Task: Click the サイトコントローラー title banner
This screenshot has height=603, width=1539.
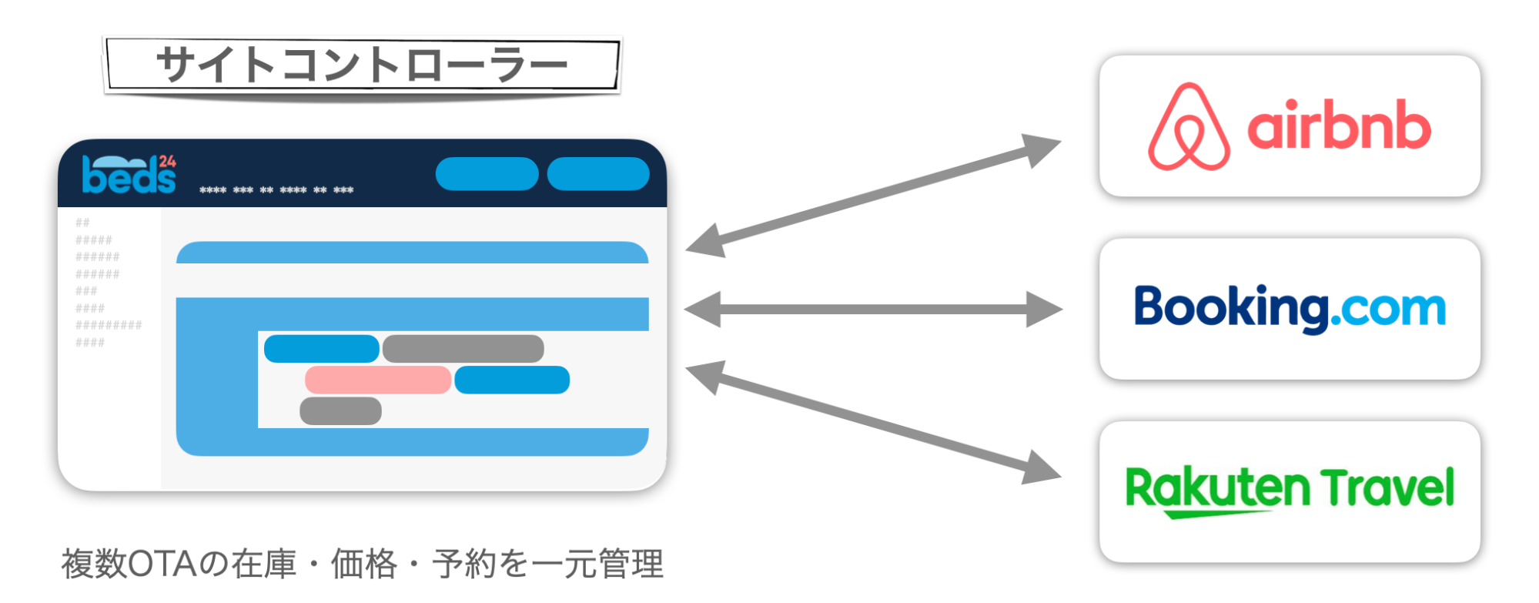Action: (x=362, y=65)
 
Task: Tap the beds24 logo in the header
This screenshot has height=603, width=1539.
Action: (x=129, y=175)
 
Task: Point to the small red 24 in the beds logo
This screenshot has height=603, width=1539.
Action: (x=168, y=161)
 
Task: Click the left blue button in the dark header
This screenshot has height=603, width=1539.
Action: (x=487, y=173)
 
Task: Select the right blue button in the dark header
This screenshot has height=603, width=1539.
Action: (x=598, y=173)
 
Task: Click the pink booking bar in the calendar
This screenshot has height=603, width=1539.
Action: (x=377, y=380)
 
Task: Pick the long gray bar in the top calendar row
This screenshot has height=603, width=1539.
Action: (x=463, y=349)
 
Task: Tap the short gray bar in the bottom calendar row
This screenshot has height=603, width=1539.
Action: (x=340, y=411)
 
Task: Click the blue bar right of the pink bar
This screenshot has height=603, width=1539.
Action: (x=512, y=380)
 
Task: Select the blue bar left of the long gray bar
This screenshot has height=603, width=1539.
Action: (x=321, y=349)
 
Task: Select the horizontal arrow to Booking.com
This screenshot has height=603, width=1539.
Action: (x=874, y=310)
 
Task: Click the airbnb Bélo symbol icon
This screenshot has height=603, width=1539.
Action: (x=1189, y=127)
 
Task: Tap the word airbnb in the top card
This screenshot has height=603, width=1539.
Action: (x=1339, y=126)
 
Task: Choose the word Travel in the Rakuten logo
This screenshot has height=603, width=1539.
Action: (x=1387, y=487)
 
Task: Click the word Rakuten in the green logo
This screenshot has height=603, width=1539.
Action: (x=1216, y=490)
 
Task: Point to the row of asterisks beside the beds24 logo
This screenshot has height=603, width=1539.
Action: (x=276, y=190)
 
